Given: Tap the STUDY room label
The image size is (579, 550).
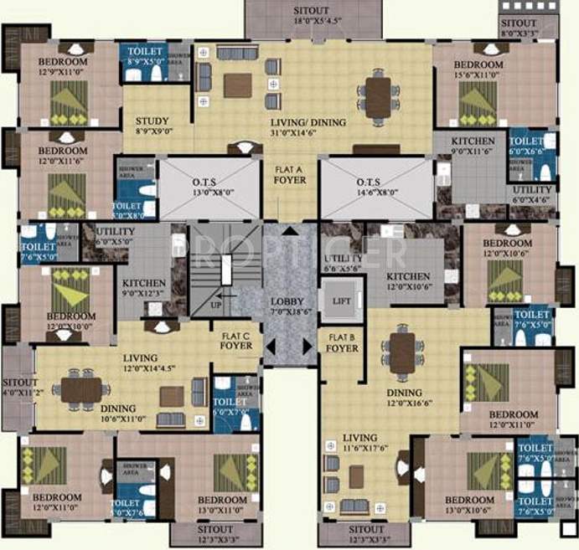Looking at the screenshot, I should (152, 126).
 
